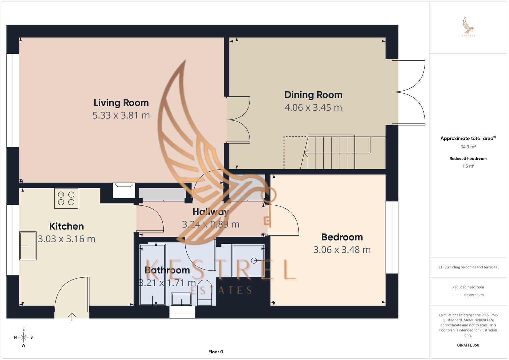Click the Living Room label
121,103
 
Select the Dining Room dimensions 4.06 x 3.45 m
313,108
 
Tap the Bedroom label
342,237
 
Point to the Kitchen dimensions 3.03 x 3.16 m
66,239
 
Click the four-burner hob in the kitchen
66,198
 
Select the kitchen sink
28,246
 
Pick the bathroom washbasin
181,299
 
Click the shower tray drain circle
254,261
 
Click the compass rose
23,337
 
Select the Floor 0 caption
216,352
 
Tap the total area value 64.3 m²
468,147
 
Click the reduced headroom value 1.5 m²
468,166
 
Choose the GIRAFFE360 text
468,345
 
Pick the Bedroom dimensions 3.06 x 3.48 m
342,250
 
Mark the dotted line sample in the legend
457,295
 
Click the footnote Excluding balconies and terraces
468,267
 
